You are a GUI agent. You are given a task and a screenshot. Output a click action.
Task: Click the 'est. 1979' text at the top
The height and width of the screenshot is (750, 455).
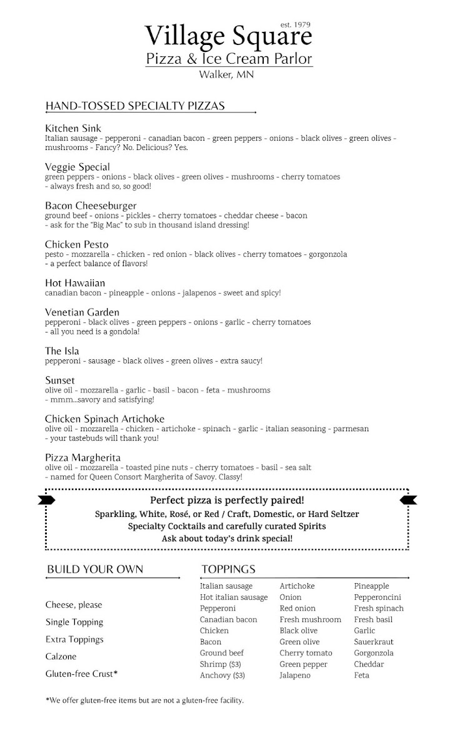(296, 24)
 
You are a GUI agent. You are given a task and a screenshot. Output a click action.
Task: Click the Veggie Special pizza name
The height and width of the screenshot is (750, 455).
(77, 167)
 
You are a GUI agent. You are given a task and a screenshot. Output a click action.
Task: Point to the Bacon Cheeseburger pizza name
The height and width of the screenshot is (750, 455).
(91, 206)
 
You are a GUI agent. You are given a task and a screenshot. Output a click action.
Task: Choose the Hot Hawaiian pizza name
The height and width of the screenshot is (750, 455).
(75, 283)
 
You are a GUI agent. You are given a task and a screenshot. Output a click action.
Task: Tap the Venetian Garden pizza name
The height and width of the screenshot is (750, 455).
(82, 312)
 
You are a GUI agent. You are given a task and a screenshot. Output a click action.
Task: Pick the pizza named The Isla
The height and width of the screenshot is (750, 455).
(62, 351)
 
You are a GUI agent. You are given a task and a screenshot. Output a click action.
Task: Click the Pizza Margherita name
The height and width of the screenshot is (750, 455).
(82, 458)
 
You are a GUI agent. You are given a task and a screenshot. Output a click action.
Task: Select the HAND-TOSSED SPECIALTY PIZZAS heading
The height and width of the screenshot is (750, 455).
(135, 106)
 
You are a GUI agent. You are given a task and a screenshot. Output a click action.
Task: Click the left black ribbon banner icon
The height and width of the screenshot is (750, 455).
(46, 499)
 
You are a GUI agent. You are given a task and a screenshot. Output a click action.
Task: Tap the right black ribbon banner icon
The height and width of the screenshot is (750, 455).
(409, 499)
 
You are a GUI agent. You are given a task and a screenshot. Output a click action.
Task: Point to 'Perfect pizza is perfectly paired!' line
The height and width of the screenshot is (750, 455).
(227, 501)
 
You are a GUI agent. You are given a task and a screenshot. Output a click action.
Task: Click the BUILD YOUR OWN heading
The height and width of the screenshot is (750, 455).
(95, 569)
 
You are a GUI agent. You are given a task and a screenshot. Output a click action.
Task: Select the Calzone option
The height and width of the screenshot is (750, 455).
(61, 657)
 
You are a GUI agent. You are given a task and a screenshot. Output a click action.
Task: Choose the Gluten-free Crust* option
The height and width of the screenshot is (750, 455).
(82, 674)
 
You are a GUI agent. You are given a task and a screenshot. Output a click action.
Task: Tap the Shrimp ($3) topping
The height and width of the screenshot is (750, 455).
(222, 664)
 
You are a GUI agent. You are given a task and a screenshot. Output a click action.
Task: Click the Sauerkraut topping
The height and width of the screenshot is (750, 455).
(374, 642)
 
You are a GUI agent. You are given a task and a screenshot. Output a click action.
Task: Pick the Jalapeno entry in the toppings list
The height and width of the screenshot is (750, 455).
(295, 676)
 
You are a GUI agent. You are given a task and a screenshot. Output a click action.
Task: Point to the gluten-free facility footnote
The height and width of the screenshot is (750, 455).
(144, 701)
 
